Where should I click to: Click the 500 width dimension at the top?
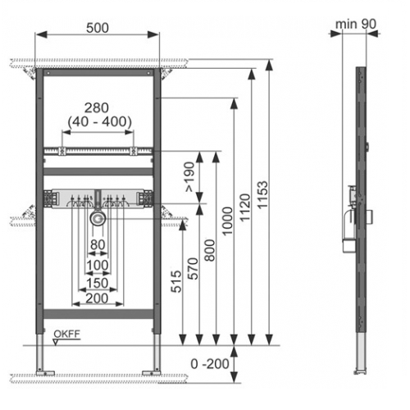coord(98,28)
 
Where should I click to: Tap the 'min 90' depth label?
coord(356,24)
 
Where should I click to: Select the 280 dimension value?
coord(97,108)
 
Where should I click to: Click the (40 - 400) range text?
coord(100,121)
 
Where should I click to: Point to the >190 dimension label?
coord(190,177)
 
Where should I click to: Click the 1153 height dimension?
coord(263,195)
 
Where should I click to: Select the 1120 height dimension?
coord(245,207)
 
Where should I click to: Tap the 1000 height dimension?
coord(227,221)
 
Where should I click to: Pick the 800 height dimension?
coord(210,250)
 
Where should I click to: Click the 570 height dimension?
coord(193,269)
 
